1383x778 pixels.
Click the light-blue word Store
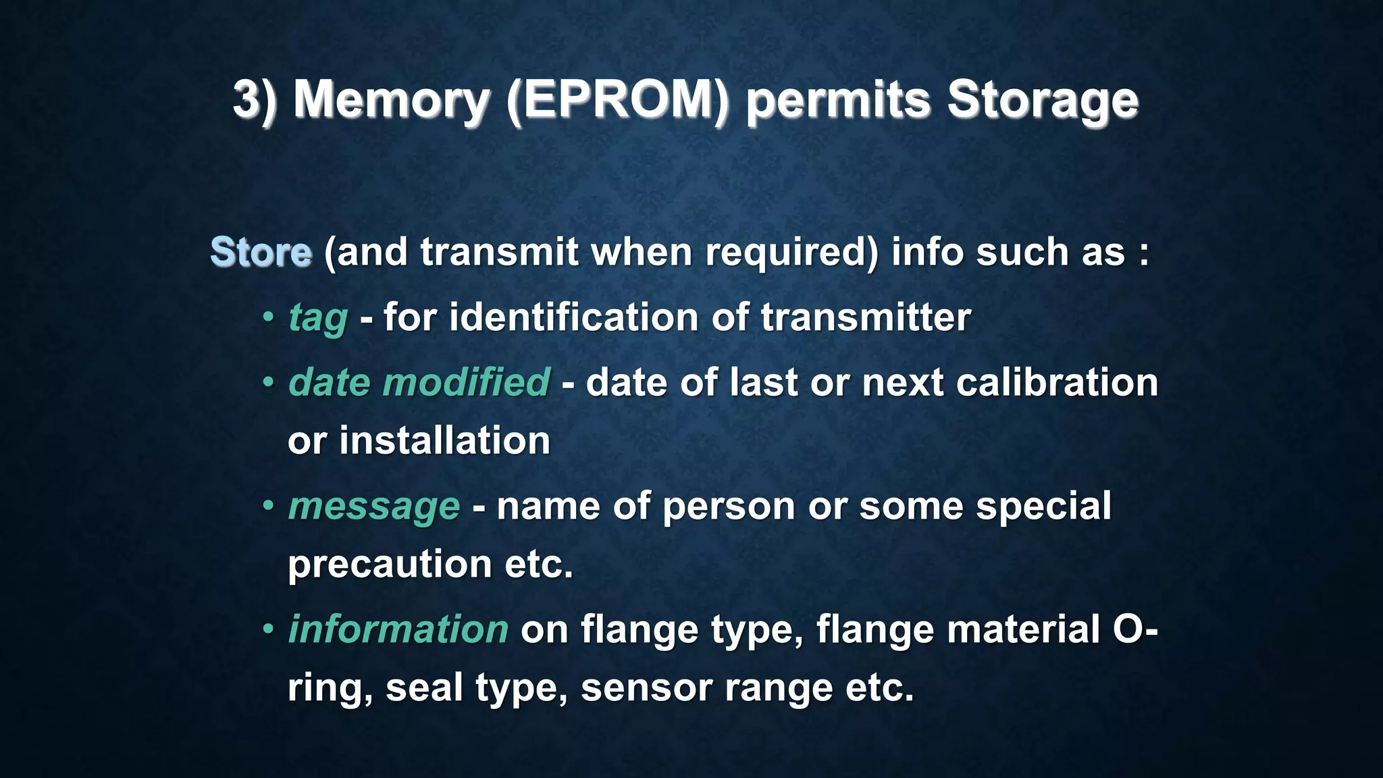(261, 253)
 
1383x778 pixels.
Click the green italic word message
(373, 507)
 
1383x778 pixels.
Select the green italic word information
(398, 629)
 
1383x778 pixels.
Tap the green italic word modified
(466, 382)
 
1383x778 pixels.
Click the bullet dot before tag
(268, 316)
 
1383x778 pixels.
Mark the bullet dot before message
(268, 504)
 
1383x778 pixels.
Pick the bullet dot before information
(268, 628)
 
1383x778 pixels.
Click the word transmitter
(865, 317)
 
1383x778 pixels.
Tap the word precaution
(390, 565)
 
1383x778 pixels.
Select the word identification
(573, 317)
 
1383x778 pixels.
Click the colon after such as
(1143, 254)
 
